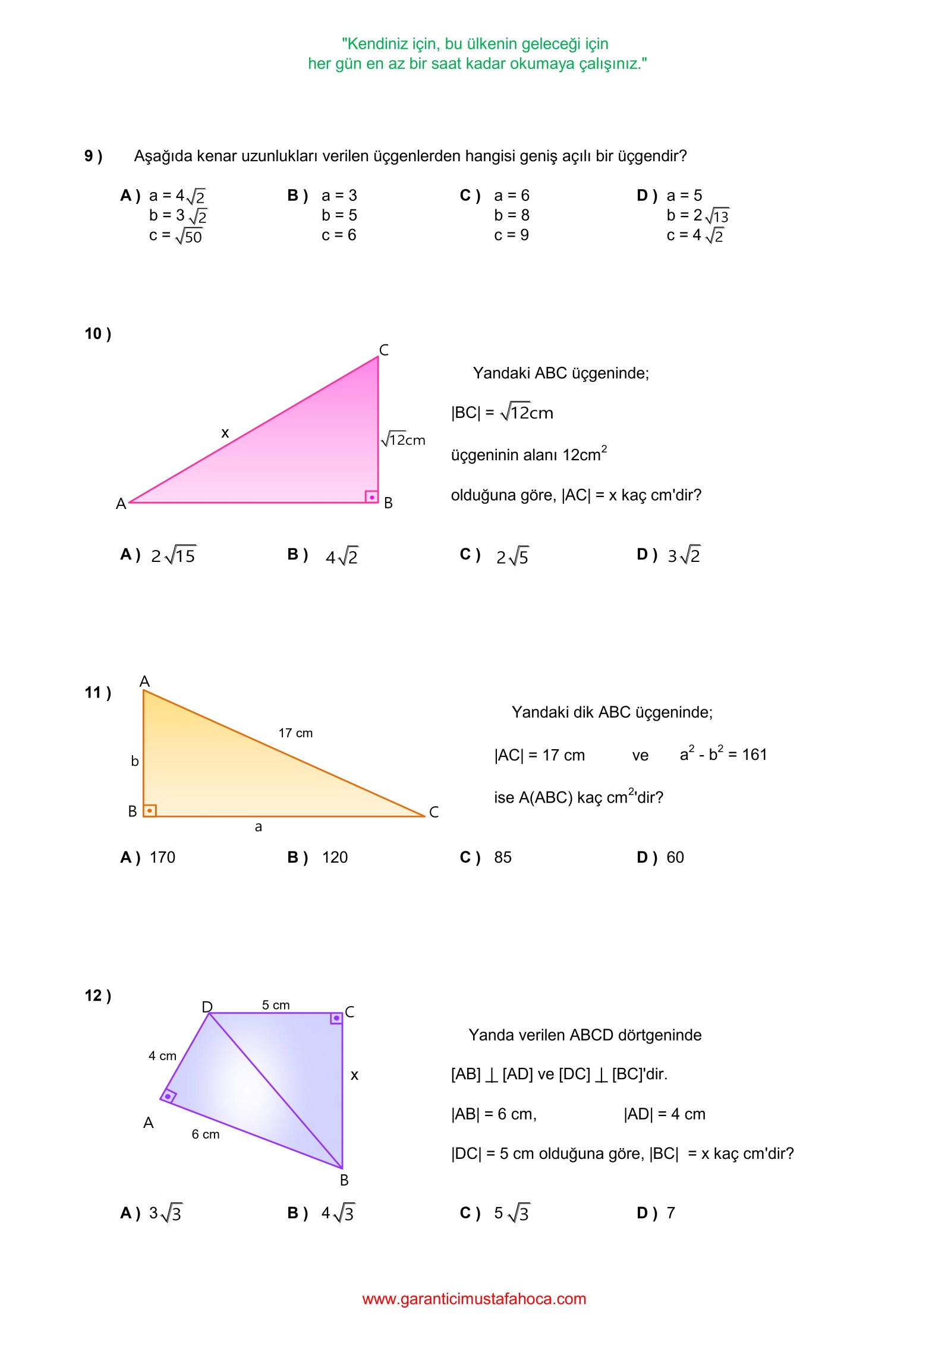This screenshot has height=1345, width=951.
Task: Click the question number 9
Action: [93, 156]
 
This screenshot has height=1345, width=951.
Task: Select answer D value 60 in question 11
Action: [675, 857]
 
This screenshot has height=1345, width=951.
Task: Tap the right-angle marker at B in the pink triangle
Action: [371, 496]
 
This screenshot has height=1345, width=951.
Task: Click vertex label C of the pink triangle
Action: [384, 350]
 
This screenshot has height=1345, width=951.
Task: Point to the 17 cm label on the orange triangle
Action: [295, 733]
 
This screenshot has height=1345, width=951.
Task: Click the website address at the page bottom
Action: [474, 1299]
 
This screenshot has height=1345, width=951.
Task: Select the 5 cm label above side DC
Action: [276, 1005]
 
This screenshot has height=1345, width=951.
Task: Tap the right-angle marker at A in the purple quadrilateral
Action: [168, 1096]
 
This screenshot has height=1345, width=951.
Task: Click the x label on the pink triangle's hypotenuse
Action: [225, 433]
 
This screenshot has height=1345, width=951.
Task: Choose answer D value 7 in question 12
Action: [671, 1212]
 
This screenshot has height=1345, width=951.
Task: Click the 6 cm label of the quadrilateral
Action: [205, 1134]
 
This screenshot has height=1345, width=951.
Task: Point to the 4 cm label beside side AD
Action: [162, 1055]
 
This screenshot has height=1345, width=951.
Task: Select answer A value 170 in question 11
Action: [162, 857]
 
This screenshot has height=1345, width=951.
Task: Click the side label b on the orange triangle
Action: [135, 761]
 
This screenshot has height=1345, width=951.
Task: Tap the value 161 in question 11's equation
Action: [755, 755]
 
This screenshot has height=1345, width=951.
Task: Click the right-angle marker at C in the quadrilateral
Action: [336, 1019]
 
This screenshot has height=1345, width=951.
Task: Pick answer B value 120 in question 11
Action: [335, 857]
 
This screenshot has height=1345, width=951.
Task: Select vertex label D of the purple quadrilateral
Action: [207, 1007]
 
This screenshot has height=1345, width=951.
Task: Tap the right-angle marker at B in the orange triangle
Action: [150, 810]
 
